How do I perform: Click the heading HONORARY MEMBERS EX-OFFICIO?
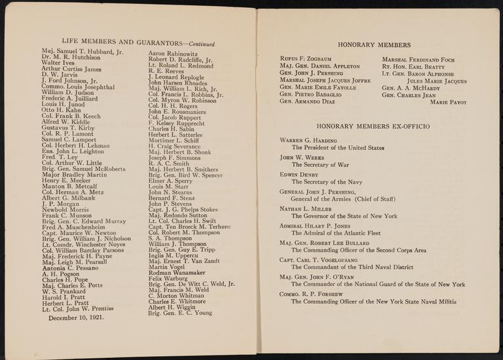373,124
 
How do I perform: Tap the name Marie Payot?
448,101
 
